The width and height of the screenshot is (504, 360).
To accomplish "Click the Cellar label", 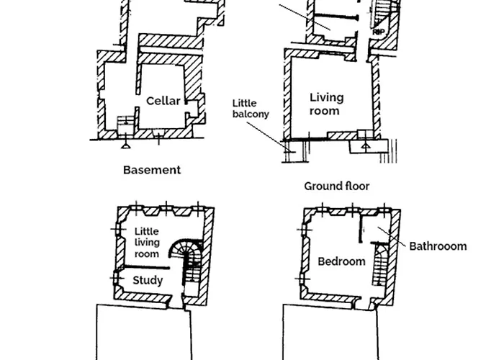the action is (163, 101).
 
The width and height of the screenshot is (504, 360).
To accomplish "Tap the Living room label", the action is (326, 104).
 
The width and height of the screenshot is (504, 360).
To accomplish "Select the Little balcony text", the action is (251, 109).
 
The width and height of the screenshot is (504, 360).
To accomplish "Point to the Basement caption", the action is (152, 170).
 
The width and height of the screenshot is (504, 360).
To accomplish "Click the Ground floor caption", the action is (337, 186).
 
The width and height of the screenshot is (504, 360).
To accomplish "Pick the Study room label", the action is (148, 280).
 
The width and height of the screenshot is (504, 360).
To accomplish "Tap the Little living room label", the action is (147, 243).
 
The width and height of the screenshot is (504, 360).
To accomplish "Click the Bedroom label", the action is (341, 261).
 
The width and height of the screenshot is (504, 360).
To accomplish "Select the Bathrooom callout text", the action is (438, 246).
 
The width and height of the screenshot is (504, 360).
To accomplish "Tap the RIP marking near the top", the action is (379, 32).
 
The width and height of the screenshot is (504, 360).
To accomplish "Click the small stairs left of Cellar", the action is (126, 125).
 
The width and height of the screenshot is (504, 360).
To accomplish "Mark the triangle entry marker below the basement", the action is (125, 146).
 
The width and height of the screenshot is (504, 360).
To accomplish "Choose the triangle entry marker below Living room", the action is (366, 146).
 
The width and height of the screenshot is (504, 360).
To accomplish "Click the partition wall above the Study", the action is (147, 267).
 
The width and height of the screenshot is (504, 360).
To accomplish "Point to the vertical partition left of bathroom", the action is (361, 228).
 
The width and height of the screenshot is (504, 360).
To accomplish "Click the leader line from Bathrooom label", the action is (392, 237).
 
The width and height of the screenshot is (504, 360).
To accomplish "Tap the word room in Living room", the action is (324, 111).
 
